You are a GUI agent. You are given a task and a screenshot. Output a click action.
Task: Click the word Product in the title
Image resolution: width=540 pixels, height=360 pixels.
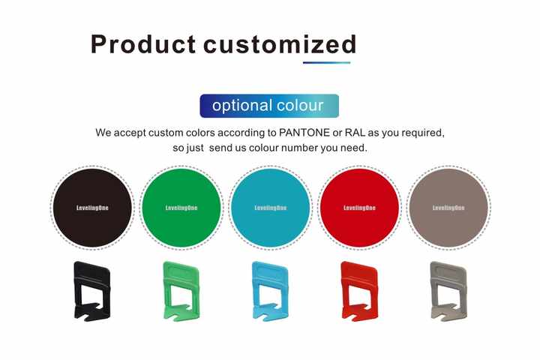coord(143,44)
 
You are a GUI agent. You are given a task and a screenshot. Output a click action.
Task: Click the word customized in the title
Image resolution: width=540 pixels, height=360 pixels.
coord(280,44)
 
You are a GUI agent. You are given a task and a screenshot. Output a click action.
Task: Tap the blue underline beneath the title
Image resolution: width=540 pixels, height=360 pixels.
coord(326,63)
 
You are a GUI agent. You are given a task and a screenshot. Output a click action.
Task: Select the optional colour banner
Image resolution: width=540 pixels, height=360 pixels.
coord(269,106)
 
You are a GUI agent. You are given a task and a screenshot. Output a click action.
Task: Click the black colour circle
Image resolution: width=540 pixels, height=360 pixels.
coord(92,208)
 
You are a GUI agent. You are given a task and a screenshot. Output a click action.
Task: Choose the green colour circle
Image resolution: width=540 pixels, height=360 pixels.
coord(181,208)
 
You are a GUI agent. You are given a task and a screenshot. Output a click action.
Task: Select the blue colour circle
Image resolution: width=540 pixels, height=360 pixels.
coord(270,208)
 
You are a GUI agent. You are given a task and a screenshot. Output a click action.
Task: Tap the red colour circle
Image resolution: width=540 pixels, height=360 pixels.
coord(359,208)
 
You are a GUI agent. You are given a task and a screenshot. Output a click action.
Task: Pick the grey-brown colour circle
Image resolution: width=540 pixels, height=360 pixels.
coord(448,208)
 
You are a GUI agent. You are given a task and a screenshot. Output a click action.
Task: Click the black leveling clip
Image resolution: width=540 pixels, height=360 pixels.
coord(92,291)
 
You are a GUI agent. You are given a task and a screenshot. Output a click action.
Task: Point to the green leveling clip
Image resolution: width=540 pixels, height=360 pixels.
coord(181,291)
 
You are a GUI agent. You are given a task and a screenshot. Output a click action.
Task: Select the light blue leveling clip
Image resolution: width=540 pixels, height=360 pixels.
coord(270,291)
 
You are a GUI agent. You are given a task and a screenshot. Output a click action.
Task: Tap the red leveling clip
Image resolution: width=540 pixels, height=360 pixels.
coord(359,291)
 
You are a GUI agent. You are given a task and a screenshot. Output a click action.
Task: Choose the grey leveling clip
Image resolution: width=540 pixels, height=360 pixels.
coord(448,291)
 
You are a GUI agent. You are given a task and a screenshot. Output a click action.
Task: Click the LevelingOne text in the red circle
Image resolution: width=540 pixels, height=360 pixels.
coord(359,208)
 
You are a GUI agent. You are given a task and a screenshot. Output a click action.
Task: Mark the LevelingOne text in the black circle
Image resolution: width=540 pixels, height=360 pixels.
coord(92,208)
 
